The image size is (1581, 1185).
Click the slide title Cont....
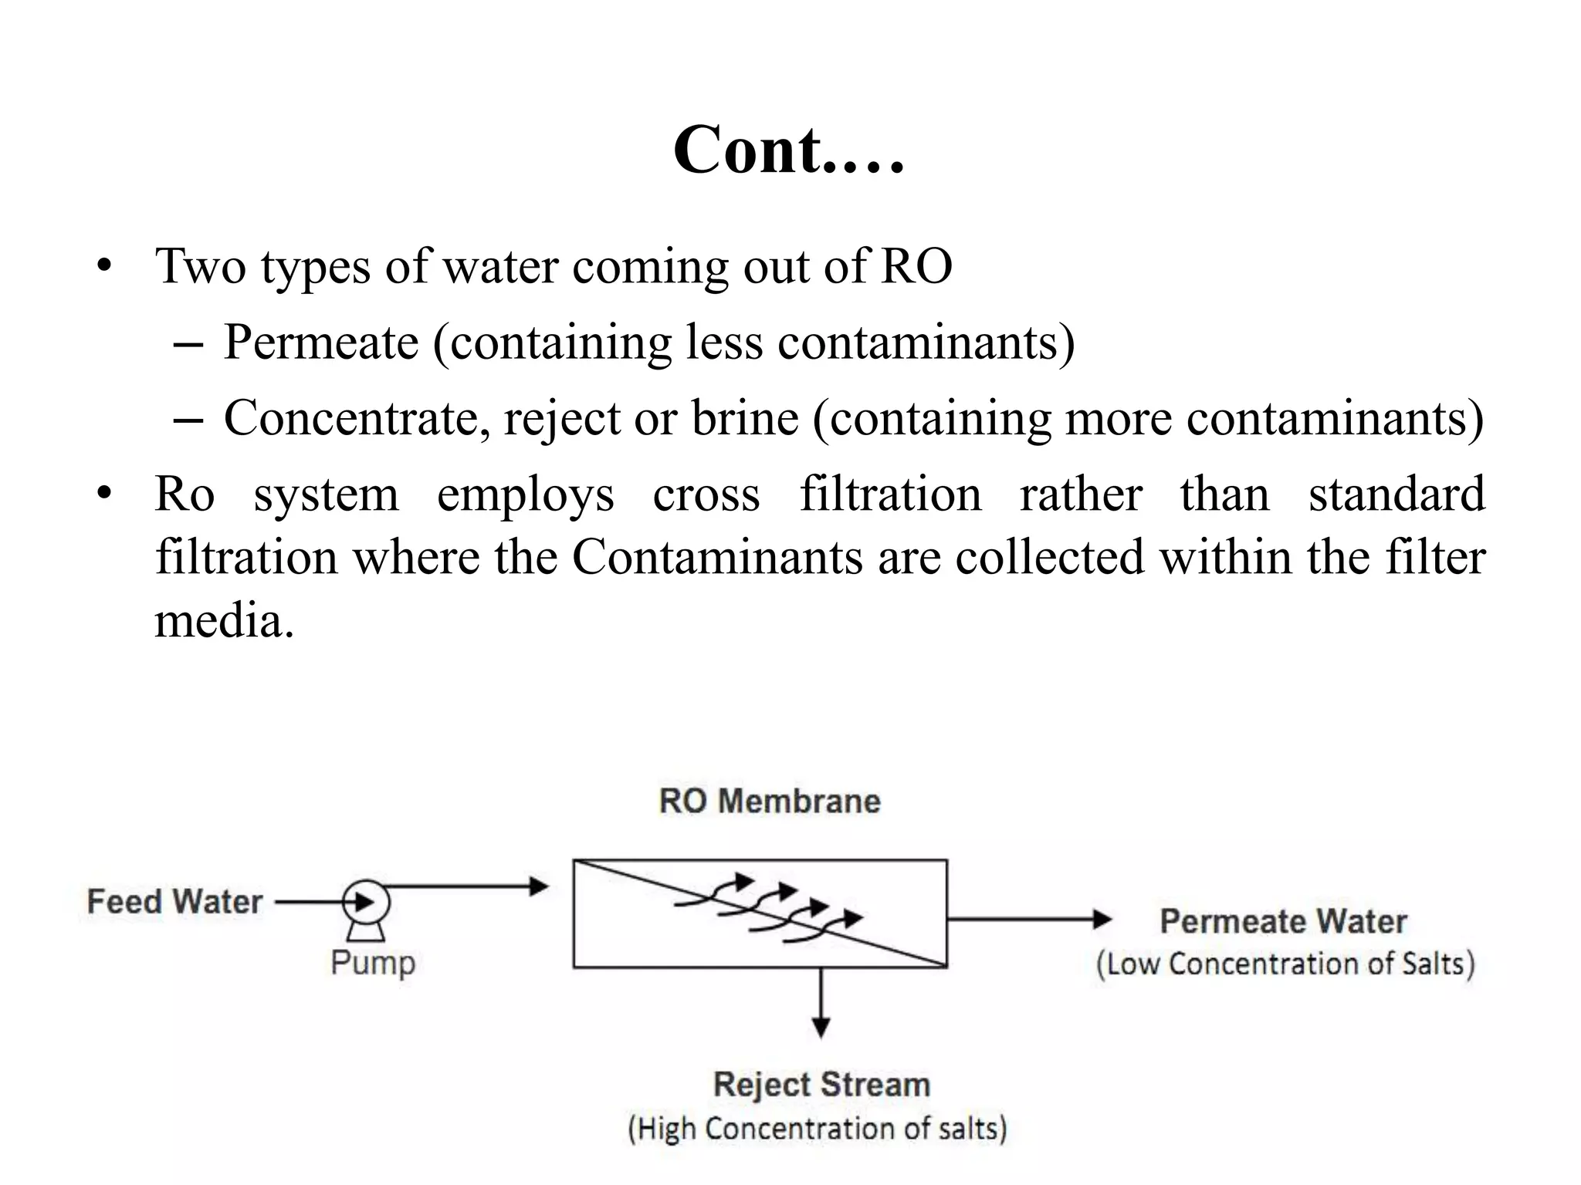pyautogui.click(x=787, y=150)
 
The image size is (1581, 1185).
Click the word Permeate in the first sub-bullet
pyautogui.click(x=320, y=342)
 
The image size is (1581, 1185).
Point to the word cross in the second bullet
pyautogui.click(x=706, y=494)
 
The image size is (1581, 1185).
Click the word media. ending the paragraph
pyautogui.click(x=224, y=620)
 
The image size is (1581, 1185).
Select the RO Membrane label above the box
pyautogui.click(x=770, y=801)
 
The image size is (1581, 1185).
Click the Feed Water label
pyautogui.click(x=174, y=902)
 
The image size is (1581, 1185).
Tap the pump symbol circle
pyautogui.click(x=366, y=902)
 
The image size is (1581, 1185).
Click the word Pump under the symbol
pyautogui.click(x=373, y=963)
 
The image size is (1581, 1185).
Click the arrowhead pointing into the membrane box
pyautogui.click(x=539, y=886)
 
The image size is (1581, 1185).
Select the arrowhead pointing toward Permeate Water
pyautogui.click(x=1102, y=919)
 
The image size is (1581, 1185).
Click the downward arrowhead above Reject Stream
pyautogui.click(x=821, y=1028)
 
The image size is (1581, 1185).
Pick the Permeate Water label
pyautogui.click(x=1283, y=921)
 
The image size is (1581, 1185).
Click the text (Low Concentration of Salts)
pyautogui.click(x=1285, y=964)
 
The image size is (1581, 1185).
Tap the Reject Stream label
pyautogui.click(x=821, y=1085)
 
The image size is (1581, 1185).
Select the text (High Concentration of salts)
pyautogui.click(x=818, y=1129)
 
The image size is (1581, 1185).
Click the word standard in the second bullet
pyautogui.click(x=1396, y=494)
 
